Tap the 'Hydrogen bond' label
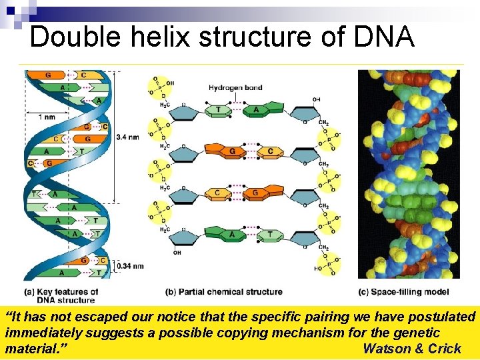(x=235, y=87)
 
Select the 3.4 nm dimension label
(x=127, y=137)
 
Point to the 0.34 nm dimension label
(x=130, y=266)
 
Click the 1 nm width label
(x=47, y=117)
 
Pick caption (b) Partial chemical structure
(x=223, y=292)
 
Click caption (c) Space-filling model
(x=403, y=292)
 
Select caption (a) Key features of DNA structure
(x=61, y=295)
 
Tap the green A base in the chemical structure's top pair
(x=256, y=109)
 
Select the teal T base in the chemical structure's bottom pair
(x=269, y=235)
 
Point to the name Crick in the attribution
(x=445, y=349)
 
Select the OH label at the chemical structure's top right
(x=316, y=99)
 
